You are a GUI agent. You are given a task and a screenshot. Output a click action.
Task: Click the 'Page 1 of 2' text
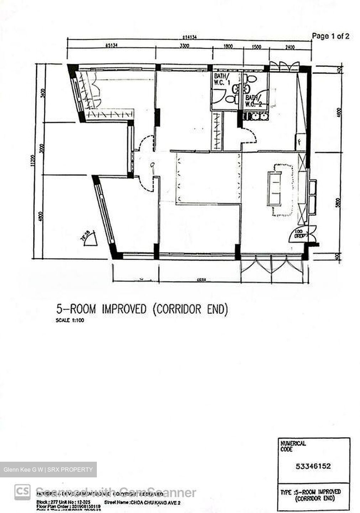coord(330,36)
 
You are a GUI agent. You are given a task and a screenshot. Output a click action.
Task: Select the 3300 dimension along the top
coord(184,46)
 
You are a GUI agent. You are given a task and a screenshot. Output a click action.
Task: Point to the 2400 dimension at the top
coord(290,47)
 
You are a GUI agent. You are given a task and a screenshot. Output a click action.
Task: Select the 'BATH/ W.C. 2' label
coord(254,100)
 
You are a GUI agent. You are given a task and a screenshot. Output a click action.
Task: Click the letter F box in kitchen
coord(299,141)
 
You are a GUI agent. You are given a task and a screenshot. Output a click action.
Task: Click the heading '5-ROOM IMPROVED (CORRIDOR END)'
coord(142,309)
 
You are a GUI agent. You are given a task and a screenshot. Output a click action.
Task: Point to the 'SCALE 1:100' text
coord(70,320)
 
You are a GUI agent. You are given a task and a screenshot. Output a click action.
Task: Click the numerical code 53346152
coord(314,466)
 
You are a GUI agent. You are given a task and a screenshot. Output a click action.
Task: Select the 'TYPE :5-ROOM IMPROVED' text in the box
coord(310,492)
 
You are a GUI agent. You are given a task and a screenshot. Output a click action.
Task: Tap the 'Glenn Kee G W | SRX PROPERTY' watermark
coord(48,470)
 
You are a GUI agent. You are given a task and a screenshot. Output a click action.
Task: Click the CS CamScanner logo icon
coord(22,492)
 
